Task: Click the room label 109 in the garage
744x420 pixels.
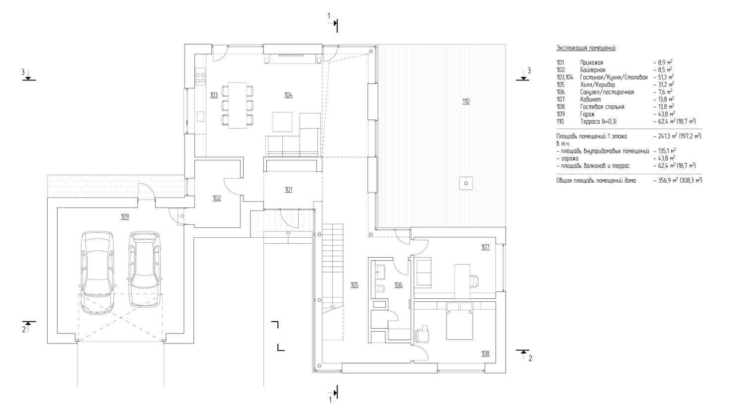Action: point(124,216)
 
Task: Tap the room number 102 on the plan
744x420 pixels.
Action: point(217,198)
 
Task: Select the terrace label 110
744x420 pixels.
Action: point(466,101)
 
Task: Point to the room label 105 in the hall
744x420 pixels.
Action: point(355,284)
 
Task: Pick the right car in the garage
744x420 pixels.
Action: point(144,270)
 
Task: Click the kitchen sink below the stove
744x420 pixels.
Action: point(200,117)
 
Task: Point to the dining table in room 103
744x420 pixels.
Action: point(237,105)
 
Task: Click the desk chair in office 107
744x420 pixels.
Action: point(475,280)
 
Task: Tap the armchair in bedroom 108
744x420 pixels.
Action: point(422,334)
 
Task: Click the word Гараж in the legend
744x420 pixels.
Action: point(587,114)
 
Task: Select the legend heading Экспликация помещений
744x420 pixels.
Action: point(586,48)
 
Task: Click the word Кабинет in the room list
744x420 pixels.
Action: point(591,99)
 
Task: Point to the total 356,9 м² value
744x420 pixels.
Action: point(667,181)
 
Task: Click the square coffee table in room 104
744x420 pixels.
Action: point(283,122)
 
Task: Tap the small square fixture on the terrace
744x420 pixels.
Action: point(466,183)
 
